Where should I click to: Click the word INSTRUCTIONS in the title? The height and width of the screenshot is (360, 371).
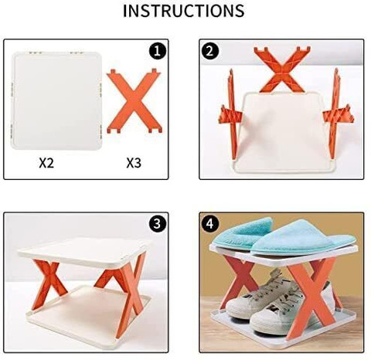pyautogui.click(x=184, y=11)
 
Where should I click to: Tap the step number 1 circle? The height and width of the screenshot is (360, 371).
pyautogui.click(x=157, y=51)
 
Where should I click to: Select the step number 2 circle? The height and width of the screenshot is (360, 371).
pyautogui.click(x=210, y=51)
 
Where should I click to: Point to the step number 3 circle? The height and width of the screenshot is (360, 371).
pyautogui.click(x=157, y=224)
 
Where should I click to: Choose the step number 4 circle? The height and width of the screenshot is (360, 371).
pyautogui.click(x=210, y=224)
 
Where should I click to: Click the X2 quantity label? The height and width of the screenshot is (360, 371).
pyautogui.click(x=46, y=163)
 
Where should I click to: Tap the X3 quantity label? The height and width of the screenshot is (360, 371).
pyautogui.click(x=134, y=163)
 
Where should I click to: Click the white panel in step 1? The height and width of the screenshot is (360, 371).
pyautogui.click(x=56, y=100)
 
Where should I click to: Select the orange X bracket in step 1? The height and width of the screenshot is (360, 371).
pyautogui.click(x=134, y=101)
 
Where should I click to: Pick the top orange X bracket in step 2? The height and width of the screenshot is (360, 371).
pyautogui.click(x=282, y=70)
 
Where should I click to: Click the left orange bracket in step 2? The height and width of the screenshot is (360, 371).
pyautogui.click(x=232, y=114)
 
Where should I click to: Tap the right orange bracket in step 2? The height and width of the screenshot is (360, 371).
pyautogui.click(x=336, y=114)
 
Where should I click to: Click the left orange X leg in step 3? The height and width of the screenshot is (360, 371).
pyautogui.click(x=49, y=284)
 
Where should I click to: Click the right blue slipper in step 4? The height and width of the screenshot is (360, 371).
pyautogui.click(x=304, y=238)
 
